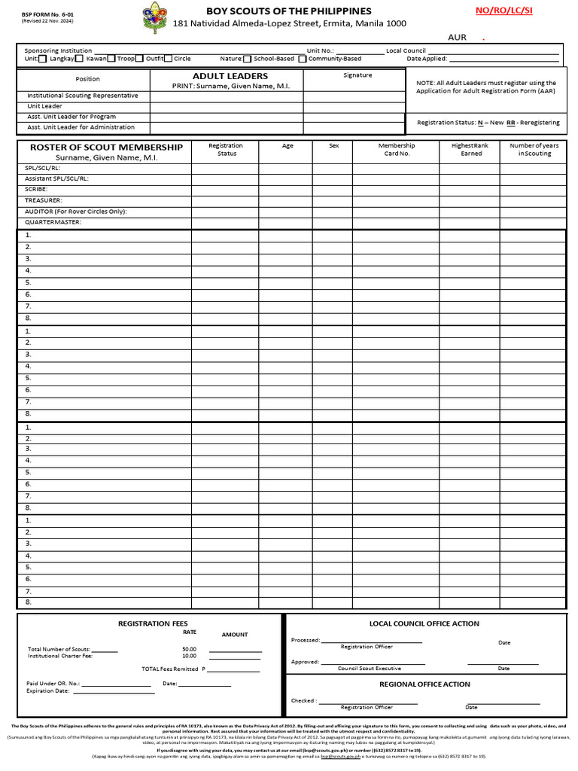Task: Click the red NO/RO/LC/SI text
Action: coord(503,11)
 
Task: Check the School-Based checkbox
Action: coord(248,59)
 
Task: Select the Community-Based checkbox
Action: coord(302,59)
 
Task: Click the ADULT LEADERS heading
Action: coord(230,76)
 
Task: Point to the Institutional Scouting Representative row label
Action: coord(83,96)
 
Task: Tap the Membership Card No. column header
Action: coord(396,149)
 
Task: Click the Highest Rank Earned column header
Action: coord(471,149)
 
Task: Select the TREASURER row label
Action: coord(43,200)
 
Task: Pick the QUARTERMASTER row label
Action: coord(53,222)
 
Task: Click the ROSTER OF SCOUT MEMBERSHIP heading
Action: coord(105,147)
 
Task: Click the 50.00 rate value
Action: coord(189,648)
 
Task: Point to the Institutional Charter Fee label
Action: coord(60,656)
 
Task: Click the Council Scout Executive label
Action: coord(369,669)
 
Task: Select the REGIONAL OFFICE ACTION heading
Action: coord(424,684)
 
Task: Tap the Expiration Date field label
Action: coord(48,690)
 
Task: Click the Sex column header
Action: coord(334,145)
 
